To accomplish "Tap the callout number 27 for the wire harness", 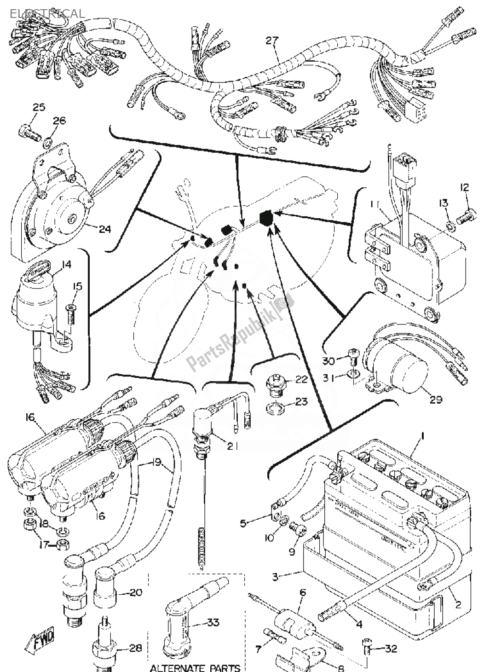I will (x=272, y=41).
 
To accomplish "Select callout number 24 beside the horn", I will (x=105, y=229).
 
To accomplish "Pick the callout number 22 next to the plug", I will (x=301, y=379).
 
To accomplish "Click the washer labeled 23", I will (x=275, y=407).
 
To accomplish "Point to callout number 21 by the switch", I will (x=230, y=446).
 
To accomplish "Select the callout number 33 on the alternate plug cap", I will (x=213, y=623).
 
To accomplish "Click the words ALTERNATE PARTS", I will (x=195, y=667).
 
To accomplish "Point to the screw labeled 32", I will (x=368, y=649).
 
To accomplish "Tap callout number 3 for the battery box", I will (x=275, y=576).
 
